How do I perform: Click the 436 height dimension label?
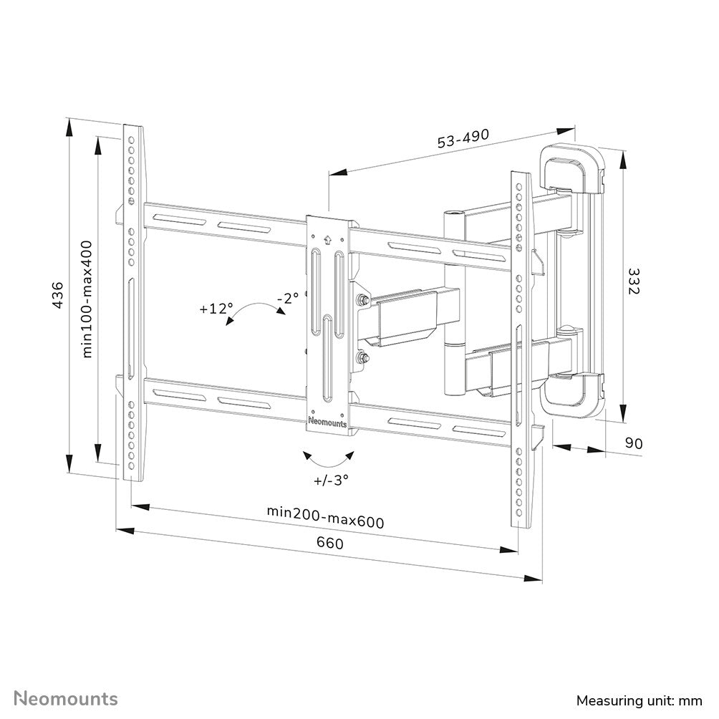[x=58, y=295]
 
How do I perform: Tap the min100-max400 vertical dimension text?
[x=87, y=299]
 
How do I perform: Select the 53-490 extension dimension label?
[x=463, y=138]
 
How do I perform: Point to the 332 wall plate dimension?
[x=633, y=281]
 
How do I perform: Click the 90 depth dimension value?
[x=634, y=443]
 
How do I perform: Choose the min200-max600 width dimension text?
[x=326, y=516]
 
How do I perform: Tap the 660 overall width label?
[x=329, y=543]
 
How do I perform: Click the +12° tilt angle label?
[x=216, y=309]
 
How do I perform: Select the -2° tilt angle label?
[x=288, y=299]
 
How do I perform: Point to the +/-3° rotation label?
[x=331, y=480]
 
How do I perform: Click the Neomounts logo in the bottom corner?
[x=66, y=699]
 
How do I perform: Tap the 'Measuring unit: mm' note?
[x=640, y=700]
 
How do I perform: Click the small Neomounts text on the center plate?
[x=327, y=422]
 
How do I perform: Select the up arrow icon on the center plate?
[x=327, y=239]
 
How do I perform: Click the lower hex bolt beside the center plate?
[x=362, y=357]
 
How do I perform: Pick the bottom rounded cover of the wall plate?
[x=573, y=395]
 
